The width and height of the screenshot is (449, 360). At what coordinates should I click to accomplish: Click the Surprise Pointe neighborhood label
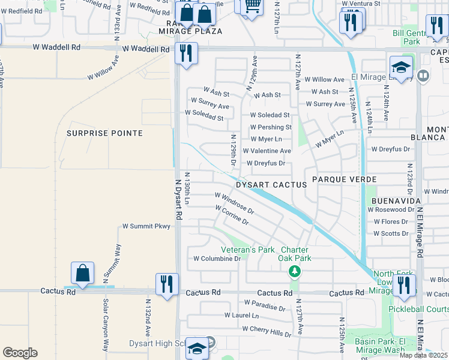[x=104, y=133]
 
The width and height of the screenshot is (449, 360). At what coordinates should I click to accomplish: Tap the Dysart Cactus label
[x=271, y=185]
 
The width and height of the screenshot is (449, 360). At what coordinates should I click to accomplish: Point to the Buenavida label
[x=395, y=200]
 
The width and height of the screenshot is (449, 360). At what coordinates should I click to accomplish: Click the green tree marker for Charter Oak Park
[x=294, y=272]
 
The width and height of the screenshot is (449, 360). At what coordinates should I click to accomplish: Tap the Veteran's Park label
[x=247, y=249]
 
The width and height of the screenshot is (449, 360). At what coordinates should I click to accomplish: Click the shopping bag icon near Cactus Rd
[x=82, y=273]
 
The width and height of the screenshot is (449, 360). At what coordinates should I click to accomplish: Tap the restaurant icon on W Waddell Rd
[x=186, y=53]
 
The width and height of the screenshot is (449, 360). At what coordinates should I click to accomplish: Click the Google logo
[x=20, y=353]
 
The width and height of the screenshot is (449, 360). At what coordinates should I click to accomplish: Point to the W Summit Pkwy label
[x=146, y=226]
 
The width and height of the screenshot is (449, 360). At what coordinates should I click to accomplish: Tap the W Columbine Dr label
[x=217, y=259]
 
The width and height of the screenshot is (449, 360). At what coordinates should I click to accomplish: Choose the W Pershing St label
[x=271, y=127]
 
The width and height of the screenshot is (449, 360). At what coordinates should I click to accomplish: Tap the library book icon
[x=423, y=76]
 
